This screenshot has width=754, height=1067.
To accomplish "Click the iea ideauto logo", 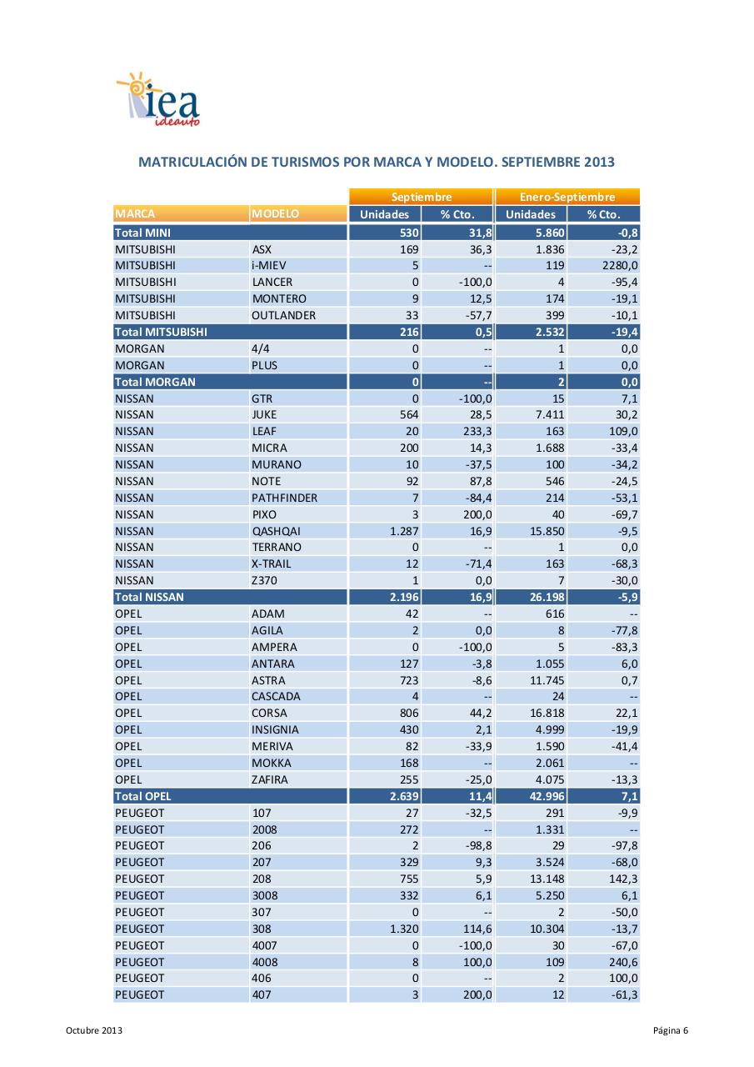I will coord(159,101).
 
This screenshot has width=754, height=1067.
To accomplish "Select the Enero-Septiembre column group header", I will coord(567,197).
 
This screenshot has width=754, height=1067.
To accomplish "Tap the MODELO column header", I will coord(275,214).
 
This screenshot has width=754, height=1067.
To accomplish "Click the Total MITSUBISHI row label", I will coord(161,332).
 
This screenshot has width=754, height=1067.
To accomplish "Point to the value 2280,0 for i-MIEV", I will coord(620,266).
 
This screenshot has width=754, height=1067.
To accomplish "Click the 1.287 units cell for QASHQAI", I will coord(404,531).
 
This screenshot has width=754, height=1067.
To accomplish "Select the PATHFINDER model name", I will coord(284,498).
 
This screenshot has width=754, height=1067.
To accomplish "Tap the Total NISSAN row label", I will coord(149,597).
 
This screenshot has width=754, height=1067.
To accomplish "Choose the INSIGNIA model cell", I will coord(275,729).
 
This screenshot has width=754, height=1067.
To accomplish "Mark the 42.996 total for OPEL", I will coord(547,796).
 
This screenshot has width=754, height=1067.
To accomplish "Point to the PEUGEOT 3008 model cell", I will coord(265,895).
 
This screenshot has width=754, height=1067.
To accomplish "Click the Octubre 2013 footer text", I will coord(94,1031).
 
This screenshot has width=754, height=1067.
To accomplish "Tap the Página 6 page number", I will coord(671,1031).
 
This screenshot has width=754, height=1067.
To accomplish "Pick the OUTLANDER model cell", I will coord(283,315).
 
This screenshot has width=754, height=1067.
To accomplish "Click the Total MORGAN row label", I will coord(155,382).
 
